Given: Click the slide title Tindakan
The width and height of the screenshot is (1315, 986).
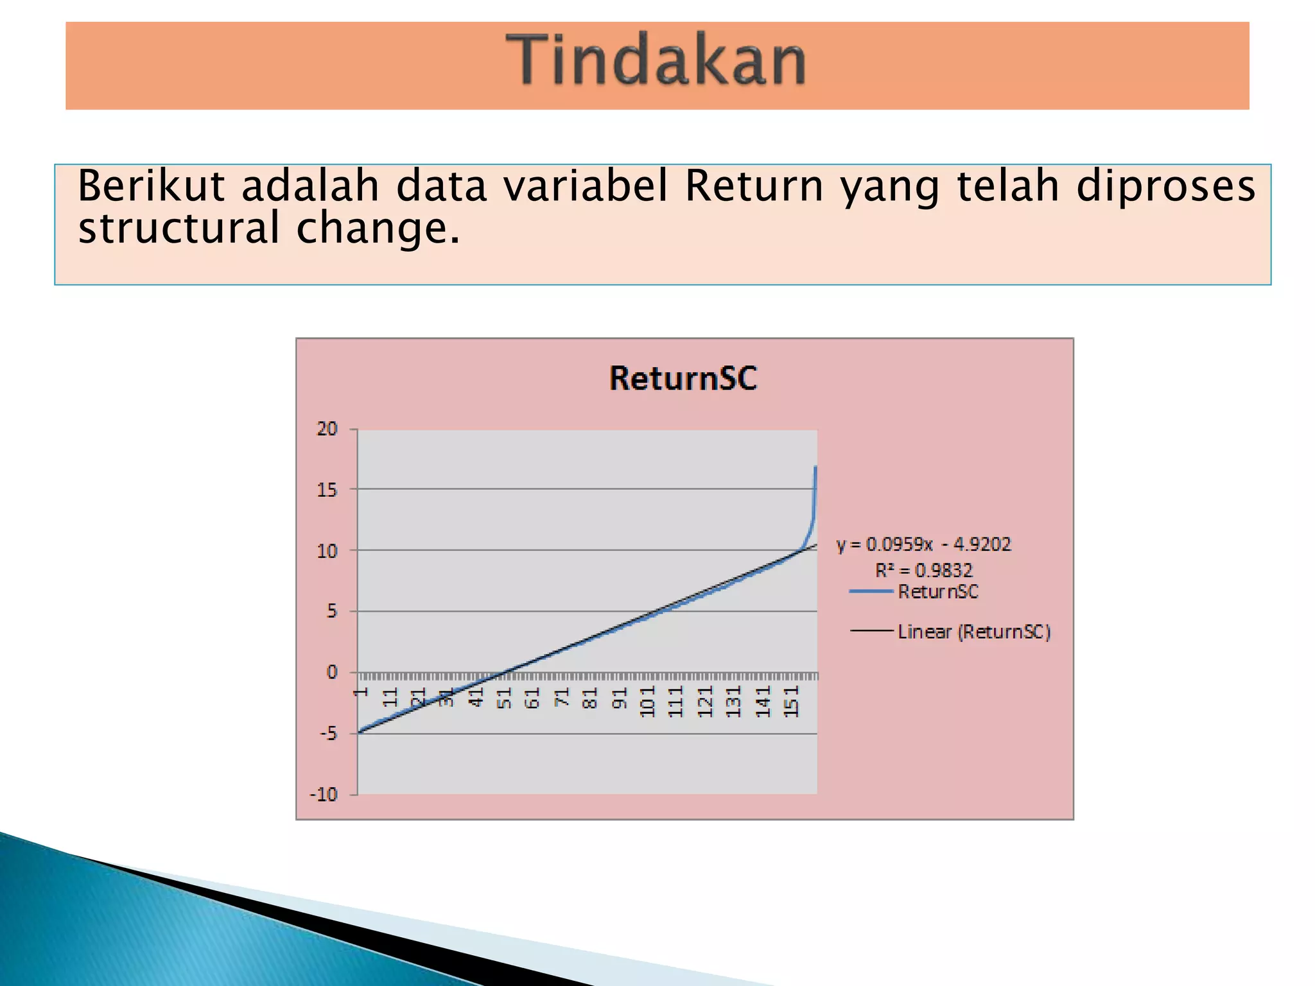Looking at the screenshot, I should pos(656,61).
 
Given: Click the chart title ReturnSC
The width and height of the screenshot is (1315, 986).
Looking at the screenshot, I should pos(683,378).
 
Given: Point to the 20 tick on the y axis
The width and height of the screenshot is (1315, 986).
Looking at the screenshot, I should pos(327,429).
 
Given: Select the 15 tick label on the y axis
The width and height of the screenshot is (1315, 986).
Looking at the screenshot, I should pos(327,490).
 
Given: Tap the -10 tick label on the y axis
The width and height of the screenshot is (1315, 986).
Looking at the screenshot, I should pos(324,795).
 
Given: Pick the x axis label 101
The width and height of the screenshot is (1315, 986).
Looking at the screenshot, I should pos(647,701).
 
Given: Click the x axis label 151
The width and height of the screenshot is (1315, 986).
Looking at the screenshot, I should pos(792,701).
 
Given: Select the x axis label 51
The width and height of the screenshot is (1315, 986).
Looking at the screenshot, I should pos(504,698).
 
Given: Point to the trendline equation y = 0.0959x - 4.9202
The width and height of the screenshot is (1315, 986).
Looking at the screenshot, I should pos(923,544).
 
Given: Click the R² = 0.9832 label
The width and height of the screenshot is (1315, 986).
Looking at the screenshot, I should pos(923,570).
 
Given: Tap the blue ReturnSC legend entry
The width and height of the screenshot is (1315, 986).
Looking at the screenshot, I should pos(937,591).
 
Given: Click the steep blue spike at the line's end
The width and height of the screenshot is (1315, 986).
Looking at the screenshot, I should pos(814,501).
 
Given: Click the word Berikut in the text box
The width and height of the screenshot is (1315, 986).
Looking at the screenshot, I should pos(151,187).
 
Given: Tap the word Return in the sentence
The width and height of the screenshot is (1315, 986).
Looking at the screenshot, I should pos(754,187).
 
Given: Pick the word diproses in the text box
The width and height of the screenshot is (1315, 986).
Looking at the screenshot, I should pos(1165,187).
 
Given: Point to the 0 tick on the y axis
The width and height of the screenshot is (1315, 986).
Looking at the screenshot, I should pos(331,672).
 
